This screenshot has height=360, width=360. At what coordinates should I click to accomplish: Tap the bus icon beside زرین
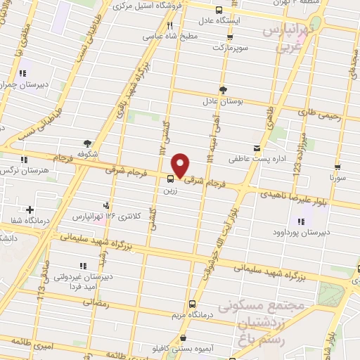tap(171, 179)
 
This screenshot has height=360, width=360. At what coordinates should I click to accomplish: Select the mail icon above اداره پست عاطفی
tap(257, 148)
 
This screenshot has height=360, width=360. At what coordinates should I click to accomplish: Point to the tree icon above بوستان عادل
tap(223, 89)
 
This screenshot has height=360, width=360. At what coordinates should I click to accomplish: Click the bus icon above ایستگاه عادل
tap(219, 10)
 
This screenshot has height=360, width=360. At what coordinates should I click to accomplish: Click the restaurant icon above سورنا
tap(338, 168)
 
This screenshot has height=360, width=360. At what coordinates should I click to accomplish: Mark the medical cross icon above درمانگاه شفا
tap(30, 210)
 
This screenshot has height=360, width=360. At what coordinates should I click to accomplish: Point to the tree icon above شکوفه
tap(87, 142)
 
